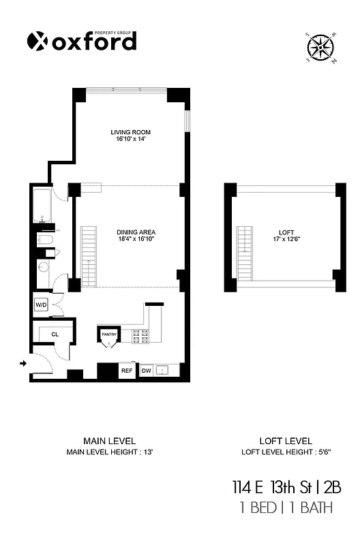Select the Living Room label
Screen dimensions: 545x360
pos(130,132)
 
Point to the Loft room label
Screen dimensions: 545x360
pos(280,232)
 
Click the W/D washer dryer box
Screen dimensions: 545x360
pos(40,304)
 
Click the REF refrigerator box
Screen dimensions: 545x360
pos(126,371)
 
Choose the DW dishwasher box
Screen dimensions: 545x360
pos(146,371)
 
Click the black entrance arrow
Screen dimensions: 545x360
pos(24,364)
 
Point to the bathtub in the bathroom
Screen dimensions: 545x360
pos(40,206)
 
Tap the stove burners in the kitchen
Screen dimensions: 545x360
pos(140,334)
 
